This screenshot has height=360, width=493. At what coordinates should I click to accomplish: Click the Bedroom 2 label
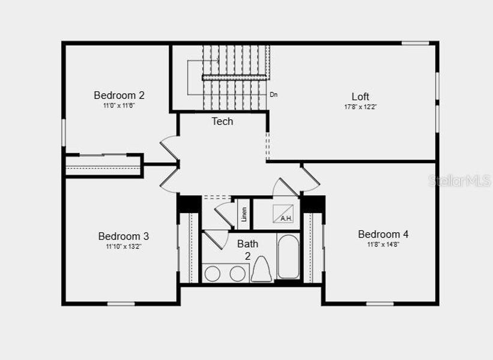click(119, 95)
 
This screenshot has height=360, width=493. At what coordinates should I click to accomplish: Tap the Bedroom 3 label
click(123, 236)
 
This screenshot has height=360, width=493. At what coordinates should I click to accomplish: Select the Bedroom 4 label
click(383, 234)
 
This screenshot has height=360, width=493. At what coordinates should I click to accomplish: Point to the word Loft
click(360, 97)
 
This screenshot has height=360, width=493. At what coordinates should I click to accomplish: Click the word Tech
click(222, 121)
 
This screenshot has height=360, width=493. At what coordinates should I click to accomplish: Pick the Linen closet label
click(244, 214)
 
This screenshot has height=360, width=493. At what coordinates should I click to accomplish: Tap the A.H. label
click(286, 218)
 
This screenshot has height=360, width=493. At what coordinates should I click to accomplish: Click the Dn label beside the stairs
click(273, 95)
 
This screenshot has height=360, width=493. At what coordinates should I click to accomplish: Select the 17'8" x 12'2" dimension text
click(360, 107)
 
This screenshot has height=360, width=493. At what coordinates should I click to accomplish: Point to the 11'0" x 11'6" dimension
click(119, 106)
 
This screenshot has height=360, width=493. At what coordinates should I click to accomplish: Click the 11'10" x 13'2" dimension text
click(123, 246)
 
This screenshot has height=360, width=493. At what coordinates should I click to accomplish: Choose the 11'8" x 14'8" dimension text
click(383, 244)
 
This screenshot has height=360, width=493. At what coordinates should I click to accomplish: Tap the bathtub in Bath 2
click(288, 257)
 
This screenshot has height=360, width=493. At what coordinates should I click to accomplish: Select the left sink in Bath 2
click(213, 274)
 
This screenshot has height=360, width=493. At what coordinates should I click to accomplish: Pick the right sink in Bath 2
click(238, 274)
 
